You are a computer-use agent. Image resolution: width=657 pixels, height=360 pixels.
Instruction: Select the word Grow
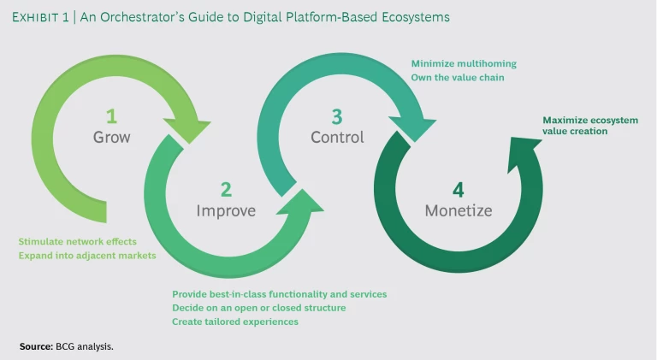[111, 137]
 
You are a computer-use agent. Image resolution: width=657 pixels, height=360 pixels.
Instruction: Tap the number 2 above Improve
[226, 189]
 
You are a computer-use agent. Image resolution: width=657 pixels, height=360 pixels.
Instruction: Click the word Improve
[226, 211]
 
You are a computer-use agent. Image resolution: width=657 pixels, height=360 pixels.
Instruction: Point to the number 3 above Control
[337, 115]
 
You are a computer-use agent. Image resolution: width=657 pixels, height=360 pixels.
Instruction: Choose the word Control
[337, 137]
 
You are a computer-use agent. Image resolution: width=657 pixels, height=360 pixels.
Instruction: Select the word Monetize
[459, 211]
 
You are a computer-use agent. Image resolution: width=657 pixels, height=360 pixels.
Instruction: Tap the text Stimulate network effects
[77, 242]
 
